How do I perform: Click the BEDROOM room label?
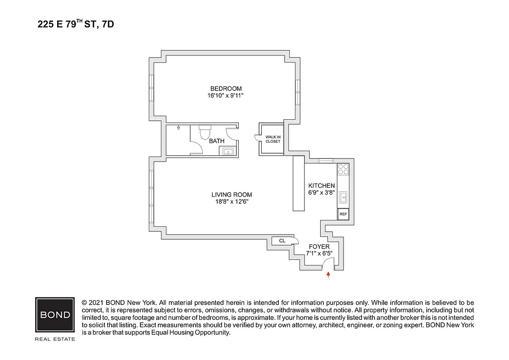pyautogui.click(x=226, y=88)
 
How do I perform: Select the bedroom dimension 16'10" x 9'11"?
pyautogui.click(x=226, y=95)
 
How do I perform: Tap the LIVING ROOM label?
pyautogui.click(x=232, y=194)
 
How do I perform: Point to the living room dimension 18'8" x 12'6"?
pyautogui.click(x=232, y=202)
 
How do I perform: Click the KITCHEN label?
pyautogui.click(x=321, y=185)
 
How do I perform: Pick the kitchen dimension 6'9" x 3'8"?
pyautogui.click(x=321, y=193)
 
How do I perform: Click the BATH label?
pyautogui.click(x=217, y=141)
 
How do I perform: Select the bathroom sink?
pyautogui.click(x=228, y=151)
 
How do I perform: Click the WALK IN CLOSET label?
pyautogui.click(x=272, y=139)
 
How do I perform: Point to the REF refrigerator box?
pyautogui.click(x=343, y=214)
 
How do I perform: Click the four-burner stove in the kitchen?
pyautogui.click(x=343, y=169)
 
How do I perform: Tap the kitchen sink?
pyautogui.click(x=343, y=197)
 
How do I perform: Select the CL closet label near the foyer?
pyautogui.click(x=282, y=241)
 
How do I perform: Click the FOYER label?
pyautogui.click(x=319, y=247)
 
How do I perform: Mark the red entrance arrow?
pyautogui.click(x=328, y=274)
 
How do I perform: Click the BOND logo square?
pyautogui.click(x=55, y=315)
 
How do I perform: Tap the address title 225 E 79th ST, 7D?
pyautogui.click(x=76, y=24)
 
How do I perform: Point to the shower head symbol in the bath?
pyautogui.click(x=179, y=128)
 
